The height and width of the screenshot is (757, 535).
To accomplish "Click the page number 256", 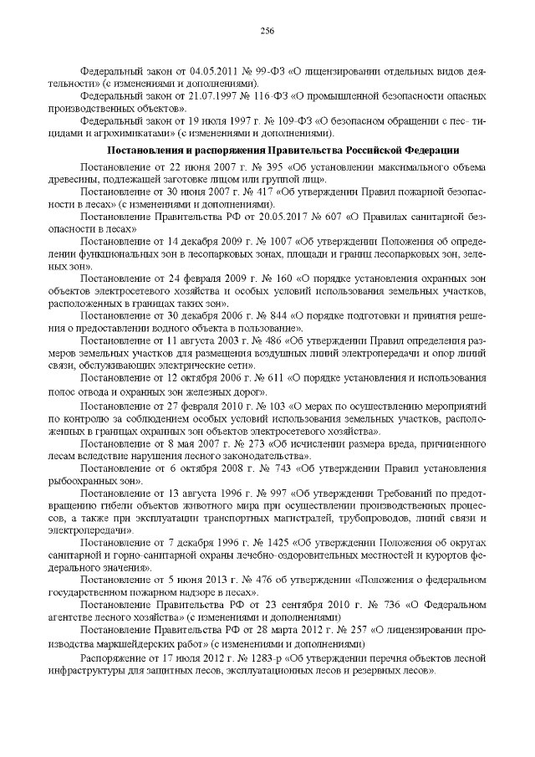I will (x=267, y=31).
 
